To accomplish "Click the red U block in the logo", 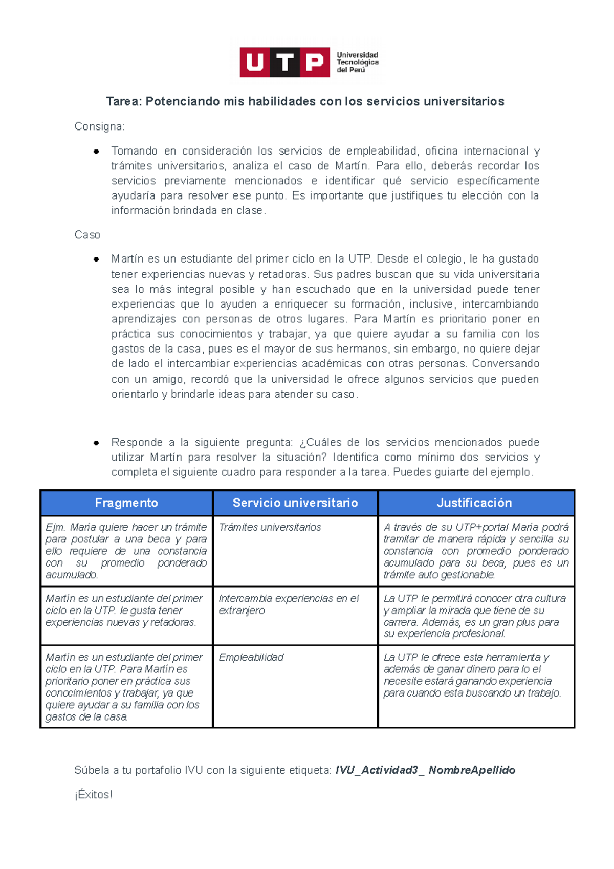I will click(255, 62).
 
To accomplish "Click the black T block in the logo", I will click(285, 62).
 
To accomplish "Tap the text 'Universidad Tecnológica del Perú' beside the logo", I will click(357, 62).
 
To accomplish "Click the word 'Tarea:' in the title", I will click(123, 101).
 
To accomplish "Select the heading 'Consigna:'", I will click(99, 126).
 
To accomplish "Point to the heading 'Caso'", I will click(87, 235).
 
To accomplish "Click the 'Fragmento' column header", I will click(126, 503).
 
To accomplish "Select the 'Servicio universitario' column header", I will click(295, 503).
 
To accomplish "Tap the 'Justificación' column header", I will click(474, 503).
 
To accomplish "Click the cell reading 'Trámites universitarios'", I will click(270, 527).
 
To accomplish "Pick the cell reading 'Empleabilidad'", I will click(251, 657).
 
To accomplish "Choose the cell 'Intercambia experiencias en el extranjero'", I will click(289, 604).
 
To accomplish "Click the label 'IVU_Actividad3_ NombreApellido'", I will click(425, 770).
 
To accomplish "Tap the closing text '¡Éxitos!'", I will click(93, 795).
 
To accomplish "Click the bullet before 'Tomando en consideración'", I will click(96, 151).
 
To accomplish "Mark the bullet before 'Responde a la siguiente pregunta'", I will click(96, 443).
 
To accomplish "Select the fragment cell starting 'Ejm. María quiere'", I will click(126, 551).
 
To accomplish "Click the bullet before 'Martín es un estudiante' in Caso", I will click(96, 259).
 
